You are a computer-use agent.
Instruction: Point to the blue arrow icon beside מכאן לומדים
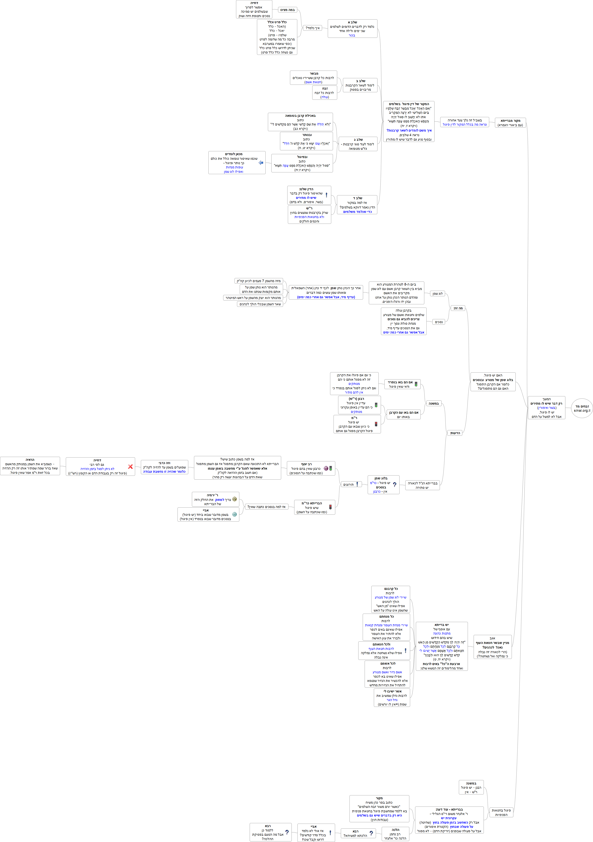(x=261, y=162)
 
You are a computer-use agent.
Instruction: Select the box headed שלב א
(x=352, y=29)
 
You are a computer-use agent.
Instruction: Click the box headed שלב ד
(x=357, y=205)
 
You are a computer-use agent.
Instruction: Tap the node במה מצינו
(x=287, y=10)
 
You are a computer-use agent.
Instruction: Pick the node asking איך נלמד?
(x=313, y=28)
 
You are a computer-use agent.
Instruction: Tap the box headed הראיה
(x=30, y=466)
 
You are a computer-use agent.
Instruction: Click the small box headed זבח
(x=325, y=93)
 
